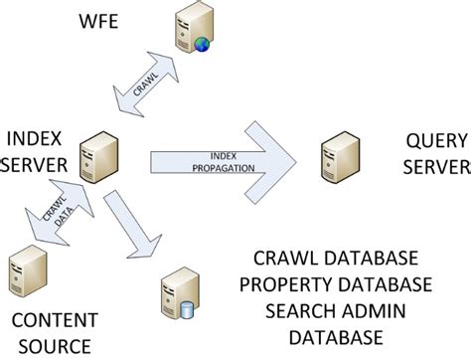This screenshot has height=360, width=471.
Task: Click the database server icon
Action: [175, 292]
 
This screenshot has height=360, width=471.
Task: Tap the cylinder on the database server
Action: [186, 308]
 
